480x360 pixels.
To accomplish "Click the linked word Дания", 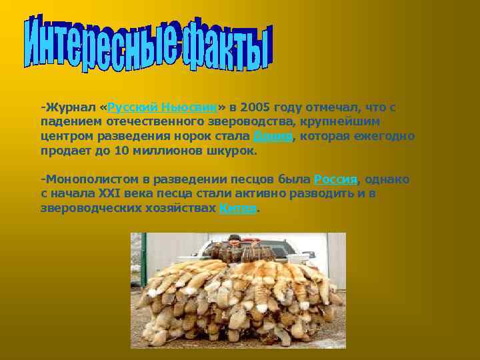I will [273, 136].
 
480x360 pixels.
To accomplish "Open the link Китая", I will [237, 208].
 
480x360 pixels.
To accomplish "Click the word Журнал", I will [69, 107].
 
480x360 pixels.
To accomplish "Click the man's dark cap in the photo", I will [233, 237].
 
